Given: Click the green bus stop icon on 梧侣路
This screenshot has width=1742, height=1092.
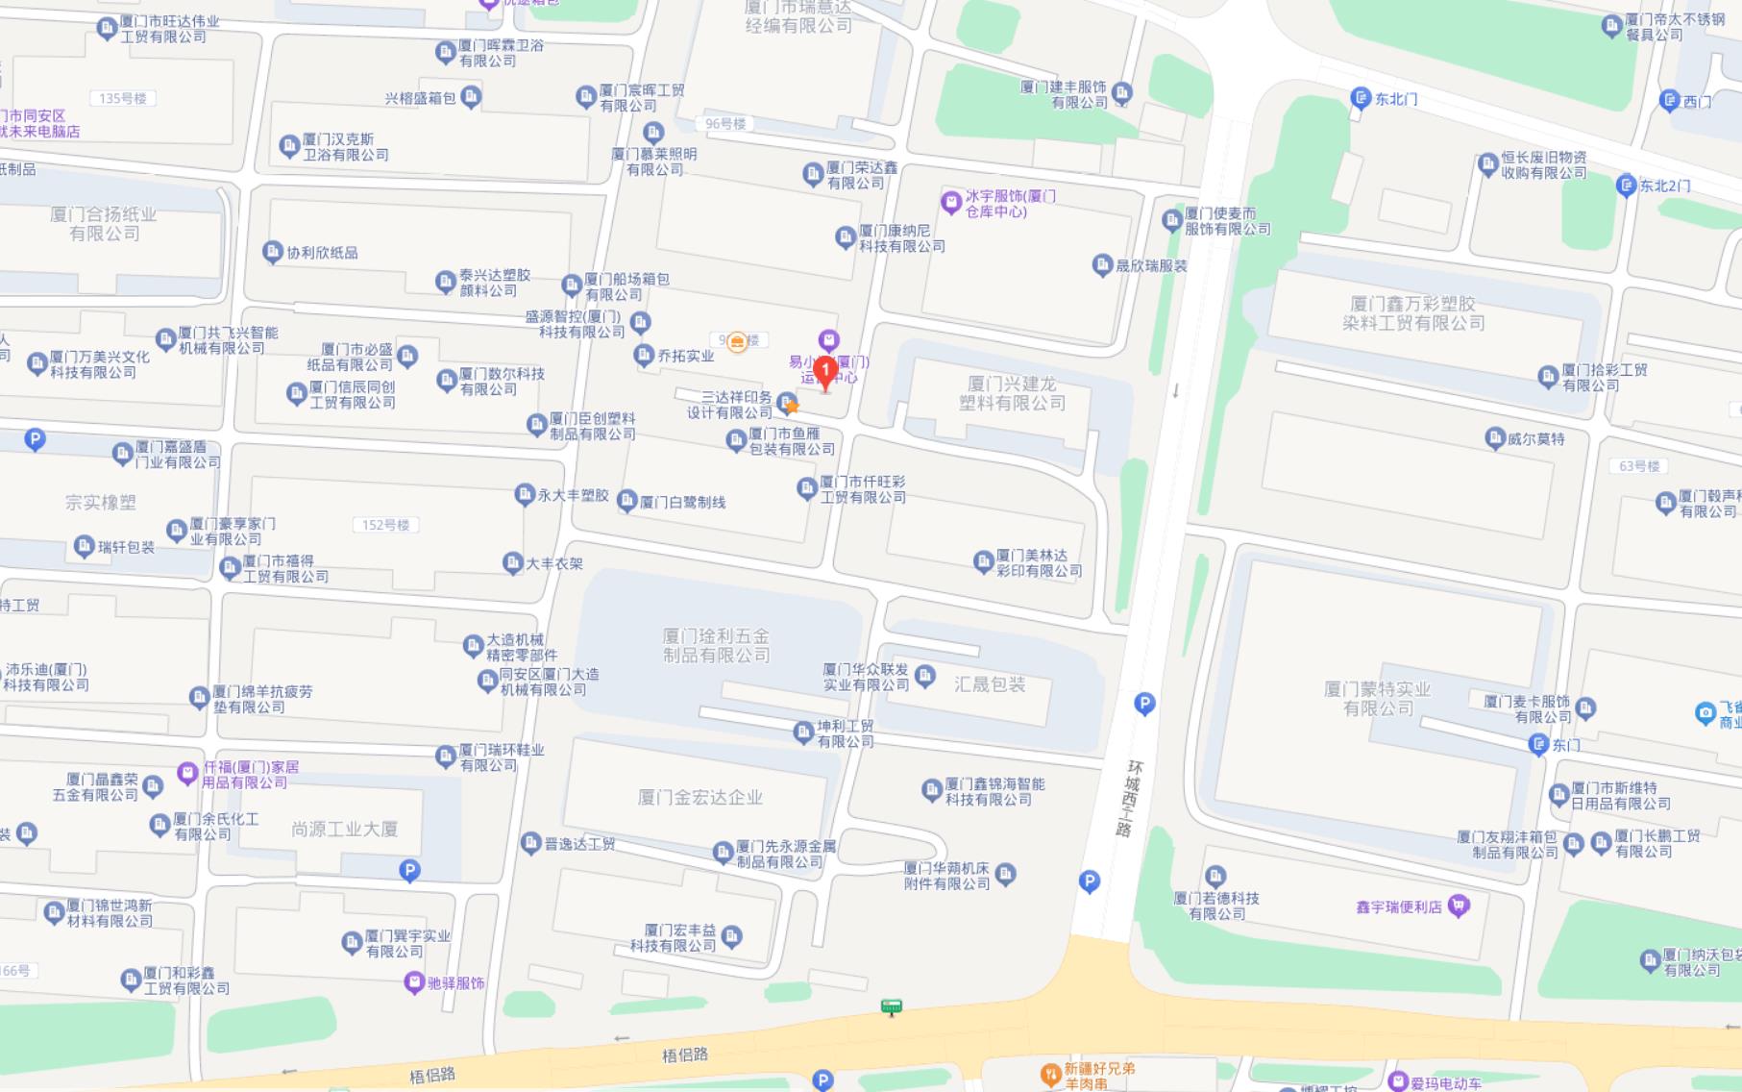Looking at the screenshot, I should tap(891, 1006).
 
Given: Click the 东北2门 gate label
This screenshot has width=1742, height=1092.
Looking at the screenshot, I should tap(1664, 186).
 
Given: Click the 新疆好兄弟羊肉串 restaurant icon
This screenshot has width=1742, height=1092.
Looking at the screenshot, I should tap(1050, 1072).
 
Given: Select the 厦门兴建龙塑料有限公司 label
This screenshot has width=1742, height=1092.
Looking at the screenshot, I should tap(1012, 393).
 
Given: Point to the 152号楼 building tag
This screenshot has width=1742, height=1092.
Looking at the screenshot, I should tap(385, 525).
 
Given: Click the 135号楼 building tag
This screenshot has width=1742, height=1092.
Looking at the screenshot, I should tap(122, 98).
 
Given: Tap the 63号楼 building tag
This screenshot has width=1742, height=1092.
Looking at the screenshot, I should tap(1639, 466).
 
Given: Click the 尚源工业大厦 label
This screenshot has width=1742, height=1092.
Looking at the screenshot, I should tap(344, 829).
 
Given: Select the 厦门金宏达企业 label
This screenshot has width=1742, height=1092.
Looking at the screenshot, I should tap(699, 797).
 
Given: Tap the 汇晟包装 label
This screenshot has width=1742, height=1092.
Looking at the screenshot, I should tap(990, 684).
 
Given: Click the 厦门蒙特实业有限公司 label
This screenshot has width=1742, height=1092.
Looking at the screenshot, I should tap(1377, 699).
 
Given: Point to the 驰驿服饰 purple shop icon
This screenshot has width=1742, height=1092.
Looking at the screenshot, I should tap(414, 982).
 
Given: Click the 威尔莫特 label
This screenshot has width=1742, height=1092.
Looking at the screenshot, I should tap(1535, 439).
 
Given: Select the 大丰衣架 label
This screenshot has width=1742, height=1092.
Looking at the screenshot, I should tap(554, 563).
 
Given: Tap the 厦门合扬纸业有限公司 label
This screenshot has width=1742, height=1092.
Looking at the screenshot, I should tap(104, 224).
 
